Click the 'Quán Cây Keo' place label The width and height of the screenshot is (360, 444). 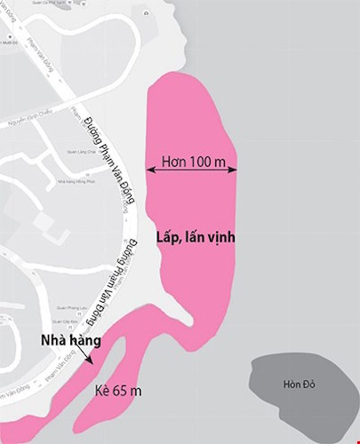63,321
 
